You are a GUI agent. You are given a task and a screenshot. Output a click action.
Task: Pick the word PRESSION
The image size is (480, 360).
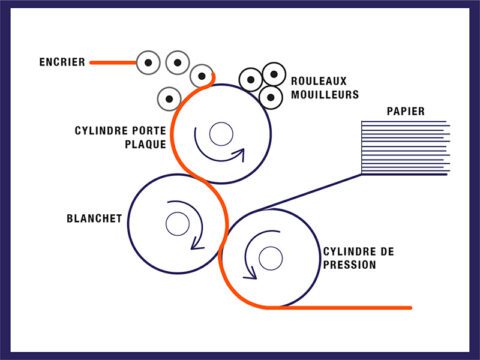349,265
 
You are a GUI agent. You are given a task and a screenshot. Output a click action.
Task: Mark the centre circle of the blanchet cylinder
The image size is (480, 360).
177,224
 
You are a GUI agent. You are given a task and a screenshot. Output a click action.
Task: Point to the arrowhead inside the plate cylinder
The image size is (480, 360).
239,155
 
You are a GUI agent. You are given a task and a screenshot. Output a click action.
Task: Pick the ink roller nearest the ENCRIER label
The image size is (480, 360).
149,62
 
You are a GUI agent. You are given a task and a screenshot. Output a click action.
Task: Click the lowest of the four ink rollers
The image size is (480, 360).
169,98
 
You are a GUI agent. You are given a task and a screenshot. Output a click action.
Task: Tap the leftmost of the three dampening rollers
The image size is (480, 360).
249,80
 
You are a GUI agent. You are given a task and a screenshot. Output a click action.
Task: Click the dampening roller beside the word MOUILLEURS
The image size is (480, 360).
269,97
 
